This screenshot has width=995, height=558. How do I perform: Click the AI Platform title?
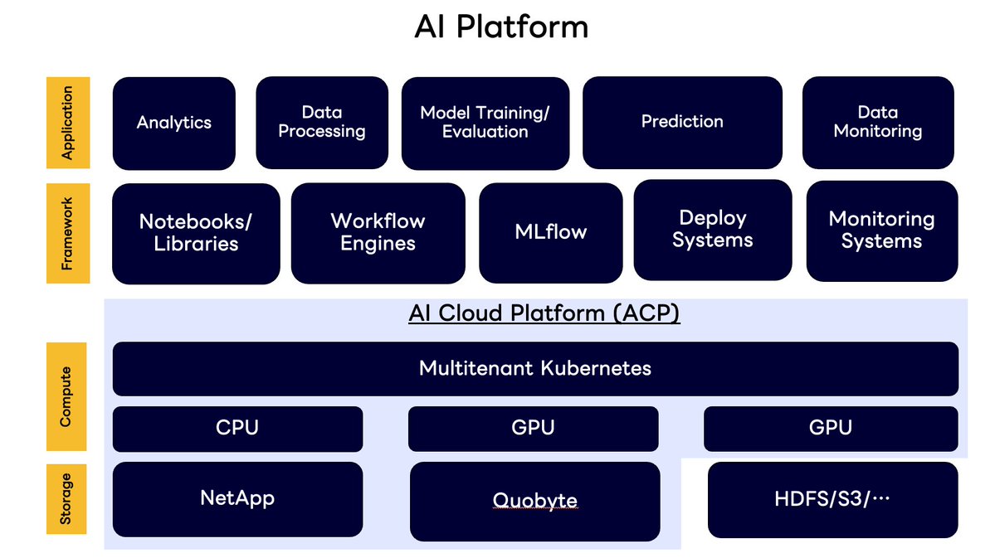pyautogui.click(x=501, y=27)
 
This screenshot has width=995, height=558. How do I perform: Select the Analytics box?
pyautogui.click(x=174, y=123)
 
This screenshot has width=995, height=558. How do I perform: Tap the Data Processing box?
pyautogui.click(x=322, y=123)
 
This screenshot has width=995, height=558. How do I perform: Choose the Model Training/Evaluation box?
pyautogui.click(x=485, y=123)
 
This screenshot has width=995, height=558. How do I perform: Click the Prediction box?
pyautogui.click(x=682, y=123)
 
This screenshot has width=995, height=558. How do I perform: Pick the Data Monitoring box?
pyautogui.click(x=878, y=123)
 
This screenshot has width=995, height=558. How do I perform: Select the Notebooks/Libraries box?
pyautogui.click(x=196, y=233)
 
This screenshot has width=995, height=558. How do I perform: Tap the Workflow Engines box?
pyautogui.click(x=378, y=233)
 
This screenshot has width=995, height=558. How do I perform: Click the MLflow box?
pyautogui.click(x=550, y=232)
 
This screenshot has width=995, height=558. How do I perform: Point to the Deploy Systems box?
pyautogui.click(x=713, y=230)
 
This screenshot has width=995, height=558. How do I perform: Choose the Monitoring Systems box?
pyautogui.click(x=881, y=230)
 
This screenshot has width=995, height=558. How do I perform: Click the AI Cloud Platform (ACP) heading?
pyautogui.click(x=544, y=314)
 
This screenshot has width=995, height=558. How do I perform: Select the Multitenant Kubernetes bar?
pyautogui.click(x=535, y=368)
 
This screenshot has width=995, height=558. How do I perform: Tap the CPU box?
pyautogui.click(x=237, y=428)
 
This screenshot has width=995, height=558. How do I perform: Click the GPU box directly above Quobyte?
pyautogui.click(x=533, y=428)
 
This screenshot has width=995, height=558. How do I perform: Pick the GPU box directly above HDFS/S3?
pyautogui.click(x=830, y=428)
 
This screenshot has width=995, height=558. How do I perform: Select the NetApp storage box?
pyautogui.click(x=237, y=499)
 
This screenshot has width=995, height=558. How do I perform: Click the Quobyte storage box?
pyautogui.click(x=535, y=501)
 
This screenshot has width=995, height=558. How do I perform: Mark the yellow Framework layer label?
pyautogui.click(x=67, y=233)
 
